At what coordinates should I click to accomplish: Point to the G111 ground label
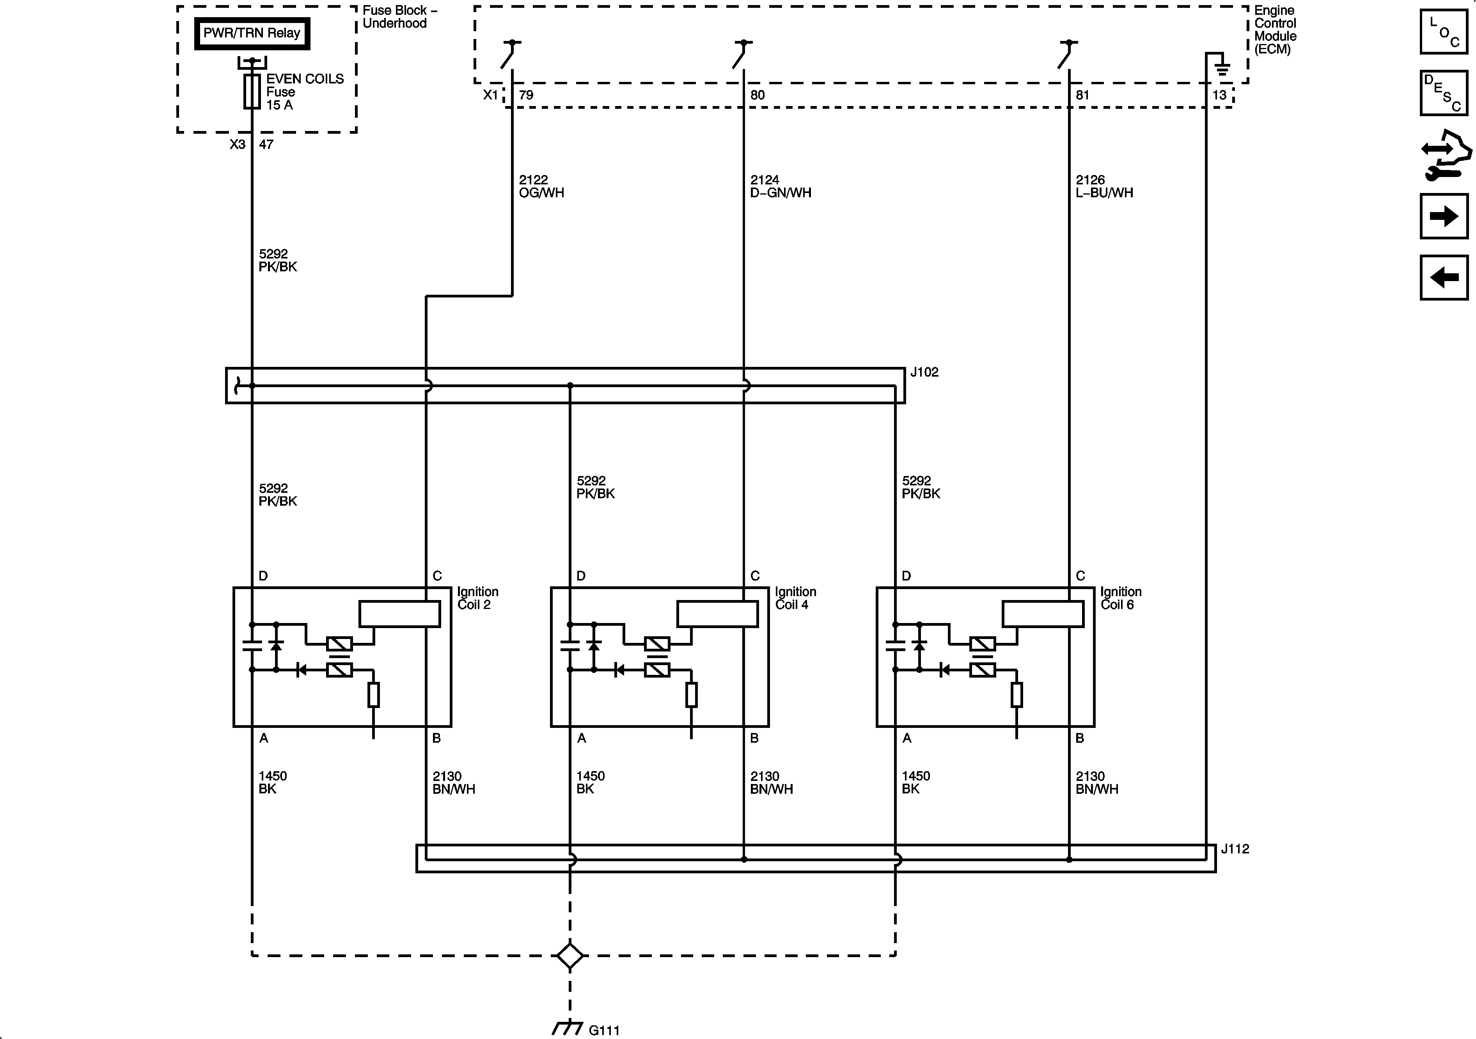tap(604, 1030)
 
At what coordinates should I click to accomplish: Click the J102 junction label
tap(924, 372)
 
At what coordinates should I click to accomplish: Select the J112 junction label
tap(1235, 849)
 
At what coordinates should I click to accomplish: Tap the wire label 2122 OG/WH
tap(541, 186)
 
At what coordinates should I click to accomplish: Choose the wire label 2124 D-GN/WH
tap(781, 186)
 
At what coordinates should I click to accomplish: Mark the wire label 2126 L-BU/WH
tap(1104, 186)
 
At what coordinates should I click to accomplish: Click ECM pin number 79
tap(526, 95)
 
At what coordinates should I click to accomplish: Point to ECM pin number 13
tap(1219, 95)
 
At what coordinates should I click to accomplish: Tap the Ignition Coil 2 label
tap(478, 598)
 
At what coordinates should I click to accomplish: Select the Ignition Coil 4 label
tap(795, 598)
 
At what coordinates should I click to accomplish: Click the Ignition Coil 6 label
tap(1121, 598)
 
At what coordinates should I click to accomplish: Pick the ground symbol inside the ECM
tap(1221, 66)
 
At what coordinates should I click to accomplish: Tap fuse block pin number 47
tap(266, 145)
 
